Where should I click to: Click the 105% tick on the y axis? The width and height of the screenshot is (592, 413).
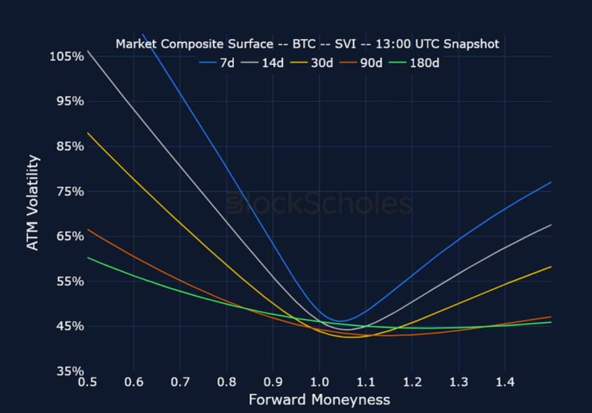pos(66,56)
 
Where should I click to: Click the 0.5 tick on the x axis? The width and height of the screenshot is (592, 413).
pos(87,383)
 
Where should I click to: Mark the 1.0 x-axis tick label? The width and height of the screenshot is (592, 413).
pos(319,383)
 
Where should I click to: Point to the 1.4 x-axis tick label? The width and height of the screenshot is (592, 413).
pos(505,383)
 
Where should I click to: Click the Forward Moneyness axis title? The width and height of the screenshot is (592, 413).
pos(319,400)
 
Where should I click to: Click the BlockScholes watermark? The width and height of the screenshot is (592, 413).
pos(319,204)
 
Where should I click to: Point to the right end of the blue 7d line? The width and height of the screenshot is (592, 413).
pos(551,182)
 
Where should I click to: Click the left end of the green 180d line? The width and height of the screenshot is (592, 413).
pos(88,257)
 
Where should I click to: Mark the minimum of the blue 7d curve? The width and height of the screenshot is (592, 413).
pos(339,321)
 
